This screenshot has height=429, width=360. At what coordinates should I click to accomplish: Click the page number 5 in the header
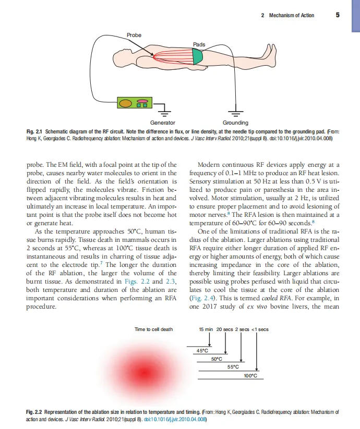point(338,15)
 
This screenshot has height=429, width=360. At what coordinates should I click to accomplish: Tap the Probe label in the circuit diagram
point(134,35)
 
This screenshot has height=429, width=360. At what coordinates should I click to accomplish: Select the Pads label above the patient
point(199,45)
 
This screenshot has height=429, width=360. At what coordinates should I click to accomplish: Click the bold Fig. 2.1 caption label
point(34,131)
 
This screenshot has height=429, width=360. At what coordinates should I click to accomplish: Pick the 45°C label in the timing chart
point(202,350)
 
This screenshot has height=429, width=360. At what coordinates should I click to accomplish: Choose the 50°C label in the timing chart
point(217,359)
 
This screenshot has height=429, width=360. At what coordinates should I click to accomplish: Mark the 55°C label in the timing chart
point(233,367)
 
